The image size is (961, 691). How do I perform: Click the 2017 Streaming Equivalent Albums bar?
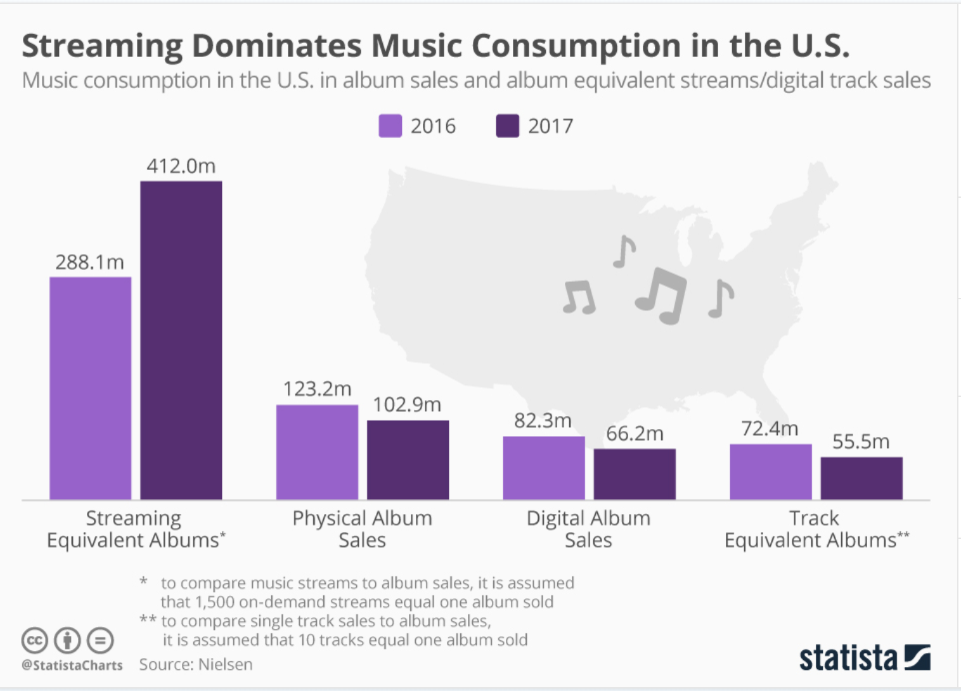[181, 340]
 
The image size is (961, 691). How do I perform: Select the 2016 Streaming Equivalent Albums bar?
[91, 388]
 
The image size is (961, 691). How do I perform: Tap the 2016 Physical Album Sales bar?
[317, 452]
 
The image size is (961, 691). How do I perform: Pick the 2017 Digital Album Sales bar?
[635, 474]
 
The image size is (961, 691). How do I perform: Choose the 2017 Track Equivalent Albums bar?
[861, 478]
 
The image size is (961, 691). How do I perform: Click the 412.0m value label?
[181, 166]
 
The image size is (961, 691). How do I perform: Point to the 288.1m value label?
[89, 262]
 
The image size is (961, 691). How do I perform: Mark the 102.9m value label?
[407, 404]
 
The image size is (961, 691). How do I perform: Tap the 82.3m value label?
[543, 420]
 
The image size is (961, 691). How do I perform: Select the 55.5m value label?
[861, 441]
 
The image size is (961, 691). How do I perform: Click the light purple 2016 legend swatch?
[390, 126]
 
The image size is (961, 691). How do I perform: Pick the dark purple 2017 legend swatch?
[507, 126]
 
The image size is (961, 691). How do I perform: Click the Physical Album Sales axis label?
[362, 529]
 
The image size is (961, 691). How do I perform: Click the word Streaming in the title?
[102, 46]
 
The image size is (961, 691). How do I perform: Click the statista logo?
[864, 657]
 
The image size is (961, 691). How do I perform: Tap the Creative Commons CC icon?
[35, 640]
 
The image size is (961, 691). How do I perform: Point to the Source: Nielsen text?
[196, 664]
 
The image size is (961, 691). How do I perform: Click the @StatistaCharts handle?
[72, 665]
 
